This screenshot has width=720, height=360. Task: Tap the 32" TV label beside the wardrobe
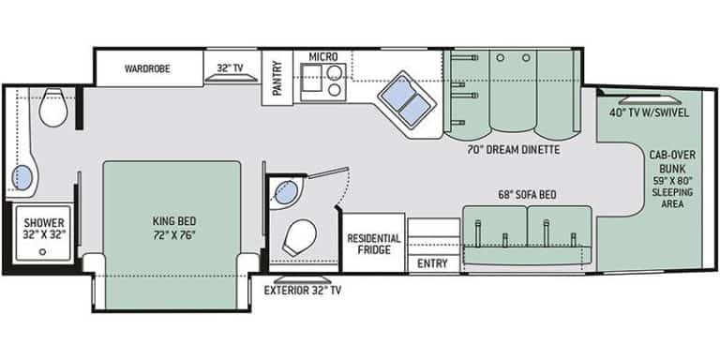pos(230,68)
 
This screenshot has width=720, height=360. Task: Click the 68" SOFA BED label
pos(527,195)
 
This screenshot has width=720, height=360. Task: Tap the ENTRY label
pos(432,263)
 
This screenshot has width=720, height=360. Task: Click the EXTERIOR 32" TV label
pos(302,290)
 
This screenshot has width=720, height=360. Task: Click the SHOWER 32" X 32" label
pos(44,229)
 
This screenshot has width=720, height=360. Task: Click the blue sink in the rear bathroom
pos(22,177)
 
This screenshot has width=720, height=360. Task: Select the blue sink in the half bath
pos(287,193)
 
